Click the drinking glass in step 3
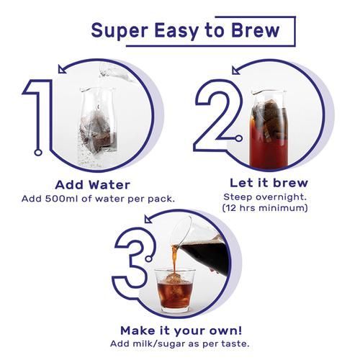pyautogui.click(x=174, y=289)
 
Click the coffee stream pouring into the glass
pyautogui.click(x=174, y=258)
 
